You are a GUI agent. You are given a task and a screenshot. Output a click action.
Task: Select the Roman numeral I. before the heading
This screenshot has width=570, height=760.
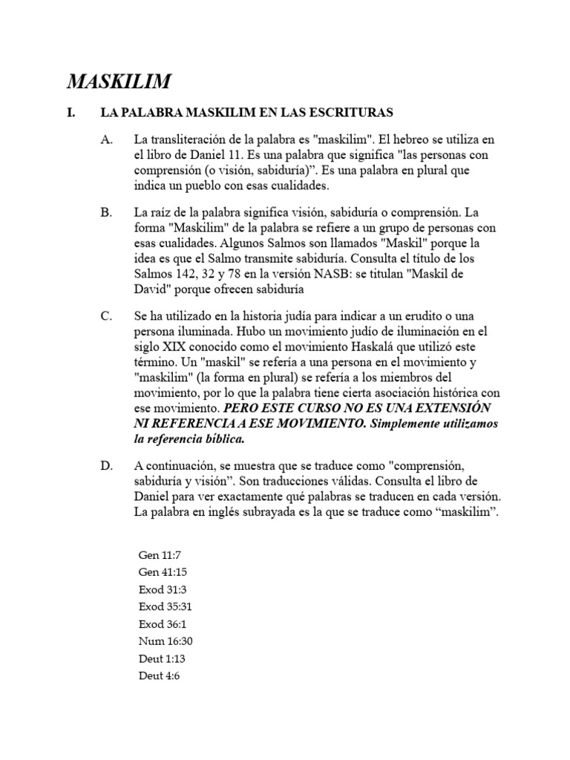[71, 113]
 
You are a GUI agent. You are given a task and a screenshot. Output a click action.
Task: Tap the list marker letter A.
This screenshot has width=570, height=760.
[106, 140]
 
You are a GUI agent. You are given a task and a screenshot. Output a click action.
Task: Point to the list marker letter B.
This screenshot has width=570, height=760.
[106, 212]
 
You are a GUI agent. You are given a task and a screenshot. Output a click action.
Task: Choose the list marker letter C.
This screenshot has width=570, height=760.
[106, 316]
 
